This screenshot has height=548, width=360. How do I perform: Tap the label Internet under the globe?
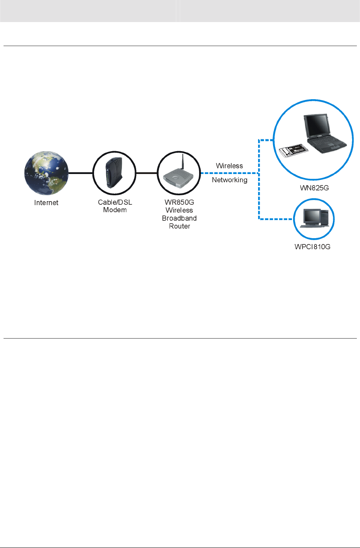[46, 203]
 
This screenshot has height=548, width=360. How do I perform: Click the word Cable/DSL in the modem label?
[115, 203]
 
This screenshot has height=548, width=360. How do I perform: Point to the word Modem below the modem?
[115, 210]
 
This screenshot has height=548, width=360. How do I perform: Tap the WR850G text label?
[179, 203]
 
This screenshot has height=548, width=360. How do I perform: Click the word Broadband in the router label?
[179, 218]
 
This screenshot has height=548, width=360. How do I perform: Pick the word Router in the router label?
[179, 226]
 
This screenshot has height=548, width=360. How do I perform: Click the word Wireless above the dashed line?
[229, 166]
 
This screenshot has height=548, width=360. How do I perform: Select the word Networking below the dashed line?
[230, 180]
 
